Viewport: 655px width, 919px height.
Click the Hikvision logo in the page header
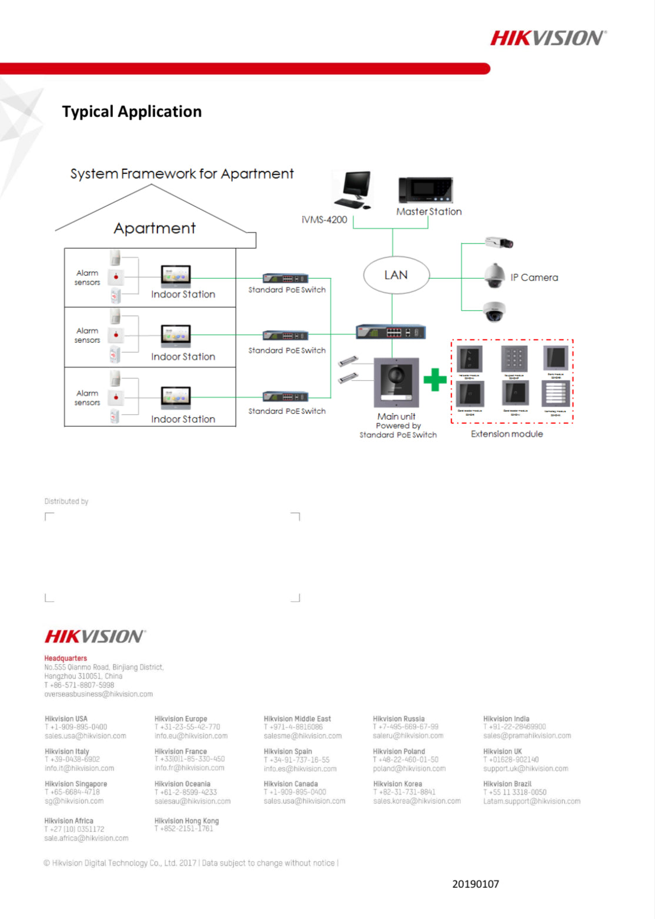pyautogui.click(x=548, y=38)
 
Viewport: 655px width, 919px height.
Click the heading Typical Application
pyautogui.click(x=132, y=112)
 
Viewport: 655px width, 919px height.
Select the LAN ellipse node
pyautogui.click(x=396, y=275)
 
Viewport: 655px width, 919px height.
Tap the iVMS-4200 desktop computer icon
pyautogui.click(x=353, y=189)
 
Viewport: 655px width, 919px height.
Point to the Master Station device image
pyautogui.click(x=426, y=191)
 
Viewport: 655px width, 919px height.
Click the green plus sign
pyautogui.click(x=435, y=379)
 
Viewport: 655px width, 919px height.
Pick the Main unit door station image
pyautogui.click(x=396, y=383)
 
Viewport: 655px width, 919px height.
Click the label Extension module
pyautogui.click(x=507, y=434)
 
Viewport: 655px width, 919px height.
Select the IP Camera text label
pyautogui.click(x=534, y=278)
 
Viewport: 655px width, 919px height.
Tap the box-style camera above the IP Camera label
pyautogui.click(x=499, y=242)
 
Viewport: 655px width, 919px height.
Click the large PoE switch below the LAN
pyautogui.click(x=390, y=332)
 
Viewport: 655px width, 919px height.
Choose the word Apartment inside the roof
pyautogui.click(x=155, y=228)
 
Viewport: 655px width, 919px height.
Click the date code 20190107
pyautogui.click(x=475, y=884)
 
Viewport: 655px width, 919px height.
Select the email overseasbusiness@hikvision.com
pyautogui.click(x=98, y=694)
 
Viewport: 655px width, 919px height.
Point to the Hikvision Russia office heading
pyautogui.click(x=399, y=719)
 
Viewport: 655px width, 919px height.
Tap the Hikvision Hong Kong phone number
pyautogui.click(x=183, y=829)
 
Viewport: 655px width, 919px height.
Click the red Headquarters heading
pyautogui.click(x=65, y=659)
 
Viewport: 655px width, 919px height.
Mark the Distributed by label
pyautogui.click(x=66, y=502)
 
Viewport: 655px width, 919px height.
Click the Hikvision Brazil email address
pyautogui.click(x=532, y=801)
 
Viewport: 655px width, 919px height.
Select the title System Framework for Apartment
pyautogui.click(x=182, y=174)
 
